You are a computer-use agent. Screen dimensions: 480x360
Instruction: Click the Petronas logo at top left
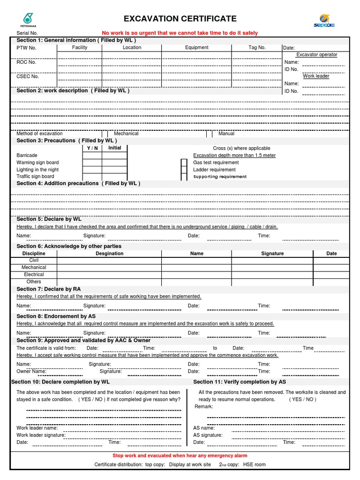coord(28,19)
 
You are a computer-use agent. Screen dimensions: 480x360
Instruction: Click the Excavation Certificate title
coord(180,19)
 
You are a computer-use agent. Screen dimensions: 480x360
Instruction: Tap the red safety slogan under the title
coord(180,33)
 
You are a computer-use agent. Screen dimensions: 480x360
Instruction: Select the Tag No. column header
coord(257,47)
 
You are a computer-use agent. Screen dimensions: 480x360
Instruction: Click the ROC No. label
coord(26,62)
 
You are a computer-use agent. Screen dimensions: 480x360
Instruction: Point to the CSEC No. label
coord(28,76)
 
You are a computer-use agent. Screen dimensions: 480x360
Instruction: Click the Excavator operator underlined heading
coord(316,55)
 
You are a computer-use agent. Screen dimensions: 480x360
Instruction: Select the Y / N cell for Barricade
coord(92,155)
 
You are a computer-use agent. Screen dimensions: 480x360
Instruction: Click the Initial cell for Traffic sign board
coord(114,177)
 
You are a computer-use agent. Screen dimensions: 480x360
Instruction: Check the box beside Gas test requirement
coord(184,163)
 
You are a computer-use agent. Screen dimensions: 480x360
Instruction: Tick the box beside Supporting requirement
coord(184,177)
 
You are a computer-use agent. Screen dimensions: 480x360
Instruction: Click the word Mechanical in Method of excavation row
coord(126,134)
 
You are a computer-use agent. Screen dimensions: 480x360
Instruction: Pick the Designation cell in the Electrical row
coord(109,275)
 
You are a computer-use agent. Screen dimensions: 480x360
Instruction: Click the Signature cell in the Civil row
coord(272,260)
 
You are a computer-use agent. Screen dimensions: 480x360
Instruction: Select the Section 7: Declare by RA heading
coord(49,289)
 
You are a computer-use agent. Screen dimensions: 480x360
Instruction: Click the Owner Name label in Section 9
coord(31,371)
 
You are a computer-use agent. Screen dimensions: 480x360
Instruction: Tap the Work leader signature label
coord(41,435)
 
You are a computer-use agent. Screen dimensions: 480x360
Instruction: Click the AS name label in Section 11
coord(204,428)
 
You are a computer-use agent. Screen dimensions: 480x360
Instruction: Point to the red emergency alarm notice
coord(180,456)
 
